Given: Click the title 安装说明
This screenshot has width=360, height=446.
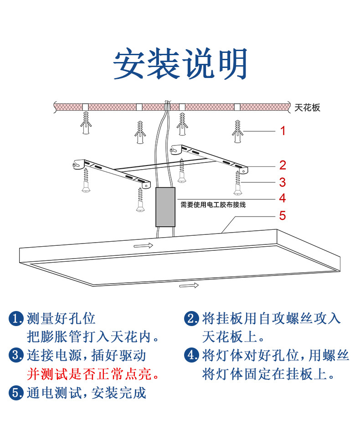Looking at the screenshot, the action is pos(180,63).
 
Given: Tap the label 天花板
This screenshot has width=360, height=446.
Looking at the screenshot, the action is pos(308,108).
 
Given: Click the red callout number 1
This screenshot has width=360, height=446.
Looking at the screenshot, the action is pos(283,131).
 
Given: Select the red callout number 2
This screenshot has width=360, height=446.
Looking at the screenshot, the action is pos(283,165).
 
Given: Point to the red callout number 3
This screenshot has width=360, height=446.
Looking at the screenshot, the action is pos(283,182).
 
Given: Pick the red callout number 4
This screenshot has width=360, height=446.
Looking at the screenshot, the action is pos(283,198).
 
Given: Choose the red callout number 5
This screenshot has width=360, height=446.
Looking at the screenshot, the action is pos(283,215).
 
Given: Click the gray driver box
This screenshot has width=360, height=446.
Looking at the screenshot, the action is pos(165,207).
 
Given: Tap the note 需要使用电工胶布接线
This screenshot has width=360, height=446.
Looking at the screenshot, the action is pos(213,205).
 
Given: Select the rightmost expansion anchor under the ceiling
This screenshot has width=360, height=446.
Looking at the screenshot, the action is pos(237,131).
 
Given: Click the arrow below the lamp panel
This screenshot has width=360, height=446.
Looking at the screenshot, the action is pos(189,286).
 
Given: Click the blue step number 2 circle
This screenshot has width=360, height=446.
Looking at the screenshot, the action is pos(191,318).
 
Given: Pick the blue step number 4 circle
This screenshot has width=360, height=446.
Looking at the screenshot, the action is pos(191,355).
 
